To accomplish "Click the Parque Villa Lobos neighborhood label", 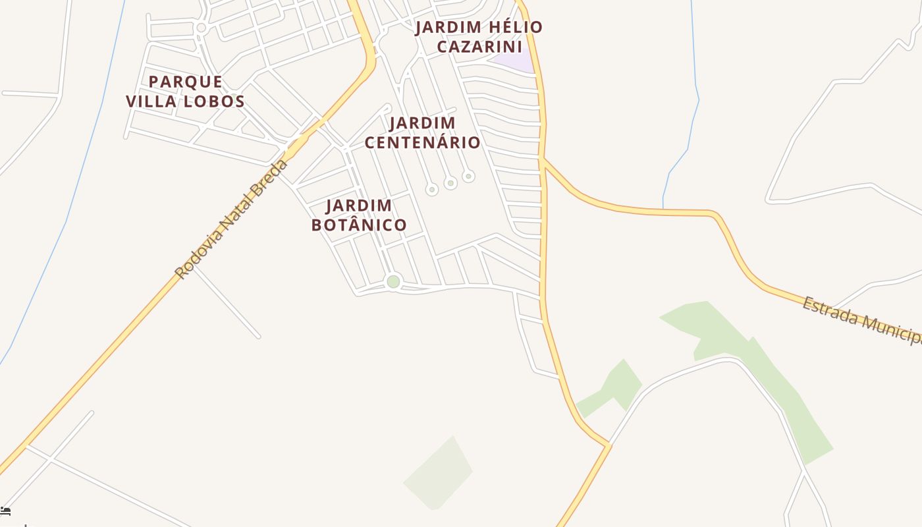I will tap(185, 92).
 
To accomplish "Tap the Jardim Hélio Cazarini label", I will tap(479, 37).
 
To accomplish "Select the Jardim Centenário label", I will tap(422, 132).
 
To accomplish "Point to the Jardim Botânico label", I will tap(359, 215).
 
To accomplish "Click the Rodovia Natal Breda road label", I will tap(232, 218).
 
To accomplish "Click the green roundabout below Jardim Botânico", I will tap(393, 282).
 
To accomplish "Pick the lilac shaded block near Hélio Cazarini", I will tap(514, 61).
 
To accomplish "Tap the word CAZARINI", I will tap(479, 47).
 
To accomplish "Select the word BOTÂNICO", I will tap(359, 225).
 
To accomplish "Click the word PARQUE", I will tap(185, 82).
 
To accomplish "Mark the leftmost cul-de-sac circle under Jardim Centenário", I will tap(432, 190).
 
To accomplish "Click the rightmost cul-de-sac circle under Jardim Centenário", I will tap(468, 176).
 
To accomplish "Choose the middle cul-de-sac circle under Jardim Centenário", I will tap(450, 182).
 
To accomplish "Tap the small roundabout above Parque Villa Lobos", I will tap(202, 28).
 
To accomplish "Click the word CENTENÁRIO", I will tap(422, 142).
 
